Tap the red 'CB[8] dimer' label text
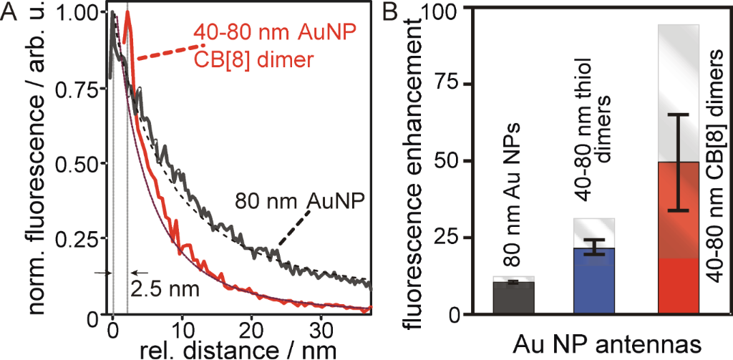[254, 59]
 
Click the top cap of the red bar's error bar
[677, 115]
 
